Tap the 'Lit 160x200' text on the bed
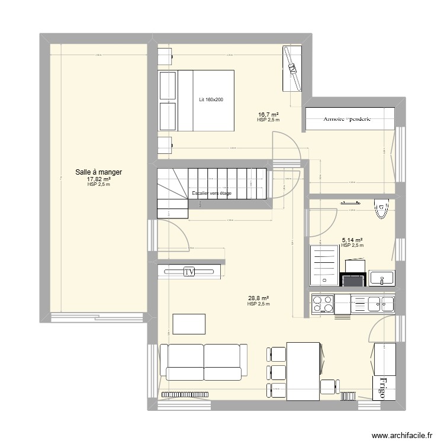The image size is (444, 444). (211, 99)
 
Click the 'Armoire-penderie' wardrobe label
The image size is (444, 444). (347, 118)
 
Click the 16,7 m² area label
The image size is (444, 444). (268, 115)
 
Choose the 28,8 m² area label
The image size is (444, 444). (258, 299)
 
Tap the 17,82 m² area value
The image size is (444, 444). (98, 179)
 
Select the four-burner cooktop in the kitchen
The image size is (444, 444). (321, 304)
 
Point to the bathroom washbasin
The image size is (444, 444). (382, 277)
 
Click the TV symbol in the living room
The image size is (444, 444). (189, 272)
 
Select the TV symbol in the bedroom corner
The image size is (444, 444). (291, 68)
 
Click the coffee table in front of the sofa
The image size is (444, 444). (189, 324)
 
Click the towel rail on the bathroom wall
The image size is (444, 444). (352, 202)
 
